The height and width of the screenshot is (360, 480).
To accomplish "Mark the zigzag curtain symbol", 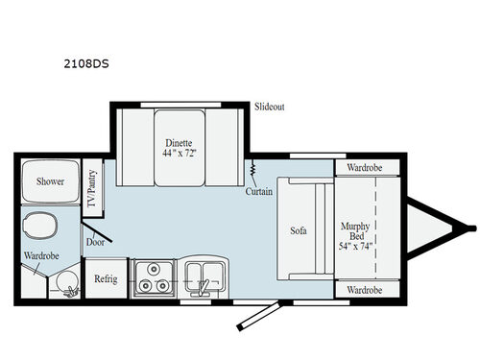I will (252, 171).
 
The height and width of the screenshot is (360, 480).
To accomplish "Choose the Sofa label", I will (298, 231).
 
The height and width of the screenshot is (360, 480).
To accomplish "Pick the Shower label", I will (50, 180).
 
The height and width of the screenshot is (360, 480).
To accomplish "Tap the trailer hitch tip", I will (472, 228).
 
